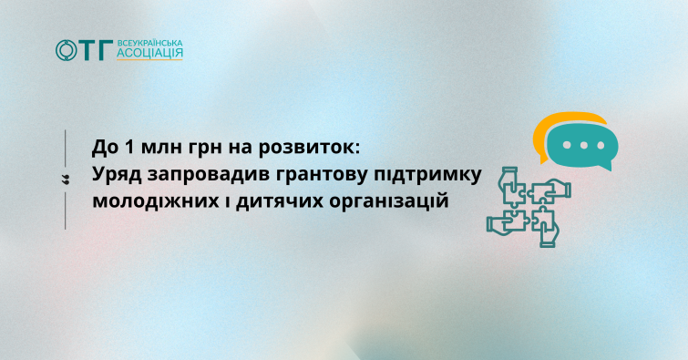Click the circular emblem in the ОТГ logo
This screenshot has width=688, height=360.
tap(67, 50)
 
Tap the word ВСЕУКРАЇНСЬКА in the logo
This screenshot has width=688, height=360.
tap(149, 44)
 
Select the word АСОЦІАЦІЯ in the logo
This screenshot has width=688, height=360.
tap(149, 53)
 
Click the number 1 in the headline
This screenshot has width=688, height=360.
tap(129, 147)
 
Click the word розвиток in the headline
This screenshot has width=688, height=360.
tap(308, 149)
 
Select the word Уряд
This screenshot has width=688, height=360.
tap(117, 175)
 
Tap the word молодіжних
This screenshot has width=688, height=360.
tap(156, 202)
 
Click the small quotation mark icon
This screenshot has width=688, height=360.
tap(66, 180)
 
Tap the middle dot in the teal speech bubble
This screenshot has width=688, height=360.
tap(583, 145)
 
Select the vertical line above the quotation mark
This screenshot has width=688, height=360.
tap(66, 148)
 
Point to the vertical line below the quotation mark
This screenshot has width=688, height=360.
tap(66, 211)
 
